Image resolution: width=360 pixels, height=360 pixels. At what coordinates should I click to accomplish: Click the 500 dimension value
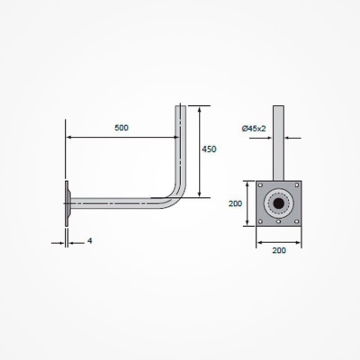pos(121,128)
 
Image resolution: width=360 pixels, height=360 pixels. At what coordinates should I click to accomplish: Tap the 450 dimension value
pos(209,148)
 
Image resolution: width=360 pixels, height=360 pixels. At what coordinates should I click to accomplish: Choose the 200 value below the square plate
pos(279,249)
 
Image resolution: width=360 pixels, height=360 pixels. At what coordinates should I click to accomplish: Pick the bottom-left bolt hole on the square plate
pos(263,220)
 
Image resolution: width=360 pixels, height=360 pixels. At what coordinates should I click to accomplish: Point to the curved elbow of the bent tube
pos(173,193)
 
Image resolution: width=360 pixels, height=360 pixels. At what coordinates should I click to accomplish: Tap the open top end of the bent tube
pos(182,107)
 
